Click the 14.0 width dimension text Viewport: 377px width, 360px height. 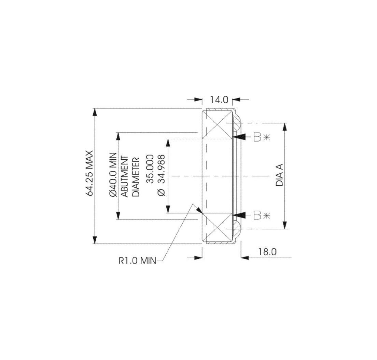pos(219,99)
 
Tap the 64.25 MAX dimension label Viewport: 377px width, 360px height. pos(89,173)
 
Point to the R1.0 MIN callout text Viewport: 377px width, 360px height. pos(137,261)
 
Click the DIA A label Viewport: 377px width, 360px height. pos(279,175)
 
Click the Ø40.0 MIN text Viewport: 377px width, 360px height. pos(113,175)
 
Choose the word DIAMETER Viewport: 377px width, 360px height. pos(136,177)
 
